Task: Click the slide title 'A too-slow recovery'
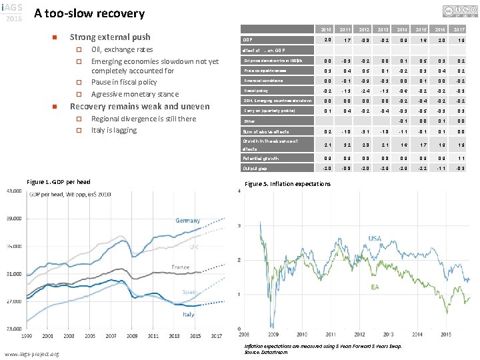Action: point(89,13)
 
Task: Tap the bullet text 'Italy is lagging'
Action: point(113,129)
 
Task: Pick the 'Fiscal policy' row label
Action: point(257,90)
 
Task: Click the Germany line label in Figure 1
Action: point(187,221)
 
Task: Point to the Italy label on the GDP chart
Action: point(189,314)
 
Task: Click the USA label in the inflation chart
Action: point(374,239)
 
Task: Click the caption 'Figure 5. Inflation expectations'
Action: point(287,183)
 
